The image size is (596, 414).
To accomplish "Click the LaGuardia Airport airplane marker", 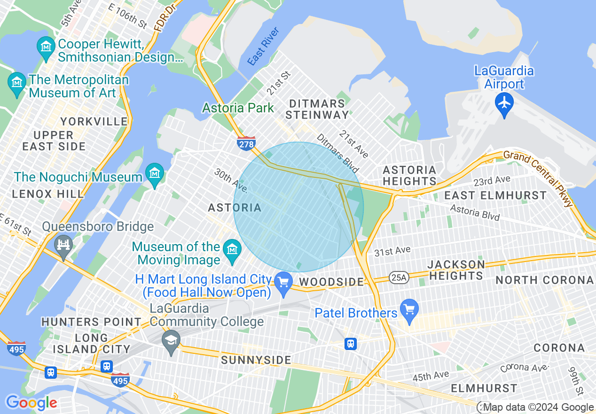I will point(504,102).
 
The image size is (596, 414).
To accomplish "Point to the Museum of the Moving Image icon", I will point(232,249).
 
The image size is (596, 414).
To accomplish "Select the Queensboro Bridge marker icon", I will point(63,245).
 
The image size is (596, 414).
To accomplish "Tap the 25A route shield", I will point(398,278).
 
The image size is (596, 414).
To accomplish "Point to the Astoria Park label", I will point(238,108).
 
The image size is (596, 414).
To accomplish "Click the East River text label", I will point(263,46).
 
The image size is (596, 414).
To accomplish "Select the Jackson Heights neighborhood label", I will point(456,270).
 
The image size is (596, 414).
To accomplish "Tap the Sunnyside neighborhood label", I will point(256,360).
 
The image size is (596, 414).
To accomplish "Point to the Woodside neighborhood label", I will point(332,282).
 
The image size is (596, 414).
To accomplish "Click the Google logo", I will point(31,403).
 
